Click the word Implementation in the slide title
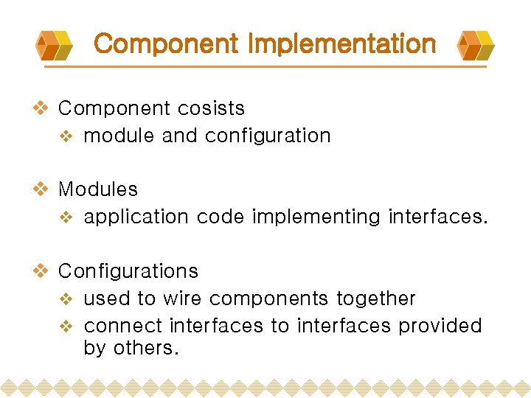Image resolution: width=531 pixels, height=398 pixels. [342, 44]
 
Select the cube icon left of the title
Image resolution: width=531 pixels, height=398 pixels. [55, 45]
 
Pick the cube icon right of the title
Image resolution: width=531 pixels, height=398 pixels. [476, 45]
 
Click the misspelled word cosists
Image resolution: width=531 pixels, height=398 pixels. [215, 108]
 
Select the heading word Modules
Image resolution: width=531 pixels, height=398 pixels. [98, 189]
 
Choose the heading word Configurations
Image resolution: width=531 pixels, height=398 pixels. [128, 271]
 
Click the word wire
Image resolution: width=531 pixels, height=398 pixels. [182, 298]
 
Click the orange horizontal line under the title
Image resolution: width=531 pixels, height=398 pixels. [265, 66]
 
